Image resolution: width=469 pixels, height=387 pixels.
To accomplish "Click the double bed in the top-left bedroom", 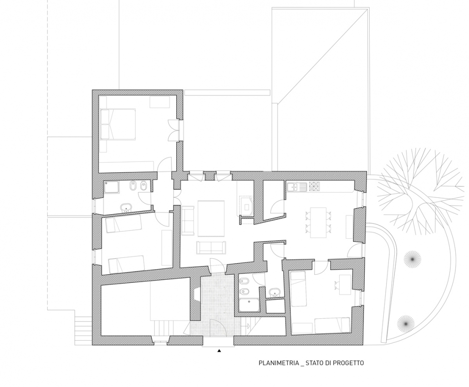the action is pyautogui.click(x=118, y=124).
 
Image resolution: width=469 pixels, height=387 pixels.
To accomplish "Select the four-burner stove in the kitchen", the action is pyautogui.click(x=314, y=187).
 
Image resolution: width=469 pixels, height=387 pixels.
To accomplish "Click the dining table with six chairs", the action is pyautogui.click(x=318, y=222).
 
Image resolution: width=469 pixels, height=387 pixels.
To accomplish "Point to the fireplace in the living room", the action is pyautogui.click(x=246, y=206).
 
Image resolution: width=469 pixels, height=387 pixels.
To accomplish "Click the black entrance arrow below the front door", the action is pyautogui.click(x=219, y=351).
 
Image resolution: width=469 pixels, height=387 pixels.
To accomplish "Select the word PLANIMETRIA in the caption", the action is pyautogui.click(x=279, y=363).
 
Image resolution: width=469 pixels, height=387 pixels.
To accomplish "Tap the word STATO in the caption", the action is pyautogui.click(x=315, y=363).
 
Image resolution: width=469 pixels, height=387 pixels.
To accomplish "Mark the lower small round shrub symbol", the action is pyautogui.click(x=406, y=324).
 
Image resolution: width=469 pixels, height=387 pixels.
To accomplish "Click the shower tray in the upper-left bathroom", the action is pyautogui.click(x=112, y=187).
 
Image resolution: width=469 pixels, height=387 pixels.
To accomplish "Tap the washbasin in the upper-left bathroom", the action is pyautogui.click(x=127, y=207).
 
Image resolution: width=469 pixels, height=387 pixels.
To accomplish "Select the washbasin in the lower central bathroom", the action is pyautogui.click(x=275, y=292).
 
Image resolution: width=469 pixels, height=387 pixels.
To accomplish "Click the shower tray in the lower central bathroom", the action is pyautogui.click(x=250, y=305).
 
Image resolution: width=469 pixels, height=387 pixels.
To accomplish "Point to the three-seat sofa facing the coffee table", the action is pyautogui.click(x=211, y=247).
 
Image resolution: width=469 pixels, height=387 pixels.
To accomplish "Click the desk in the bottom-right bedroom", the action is pyautogui.click(x=345, y=284).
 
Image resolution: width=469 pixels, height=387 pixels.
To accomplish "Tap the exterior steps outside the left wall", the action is pyautogui.click(x=83, y=331).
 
